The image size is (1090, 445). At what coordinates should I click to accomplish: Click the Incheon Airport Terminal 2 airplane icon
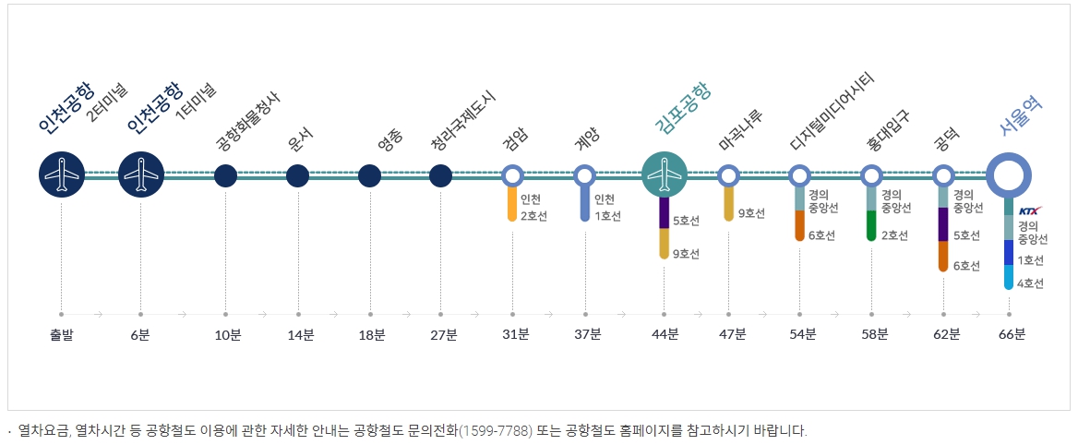coord(62,174)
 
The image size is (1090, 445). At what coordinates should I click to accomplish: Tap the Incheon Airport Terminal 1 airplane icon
coord(141,174)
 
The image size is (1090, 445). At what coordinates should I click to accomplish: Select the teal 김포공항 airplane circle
coord(664,174)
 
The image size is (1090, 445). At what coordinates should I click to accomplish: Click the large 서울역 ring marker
coord(1008,174)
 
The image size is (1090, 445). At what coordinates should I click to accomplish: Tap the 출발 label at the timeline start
coord(62,334)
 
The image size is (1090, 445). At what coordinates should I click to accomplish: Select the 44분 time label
coord(665,334)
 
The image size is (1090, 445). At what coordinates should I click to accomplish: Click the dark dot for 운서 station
coord(297,174)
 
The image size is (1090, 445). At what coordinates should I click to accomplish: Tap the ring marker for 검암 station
coord(513,174)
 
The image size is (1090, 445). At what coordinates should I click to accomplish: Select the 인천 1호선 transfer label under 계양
coord(607,208)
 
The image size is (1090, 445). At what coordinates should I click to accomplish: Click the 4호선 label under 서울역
coord(1030,283)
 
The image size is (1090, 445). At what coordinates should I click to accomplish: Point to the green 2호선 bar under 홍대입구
coord(871,226)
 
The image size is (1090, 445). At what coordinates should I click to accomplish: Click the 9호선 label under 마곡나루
coord(750,214)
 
